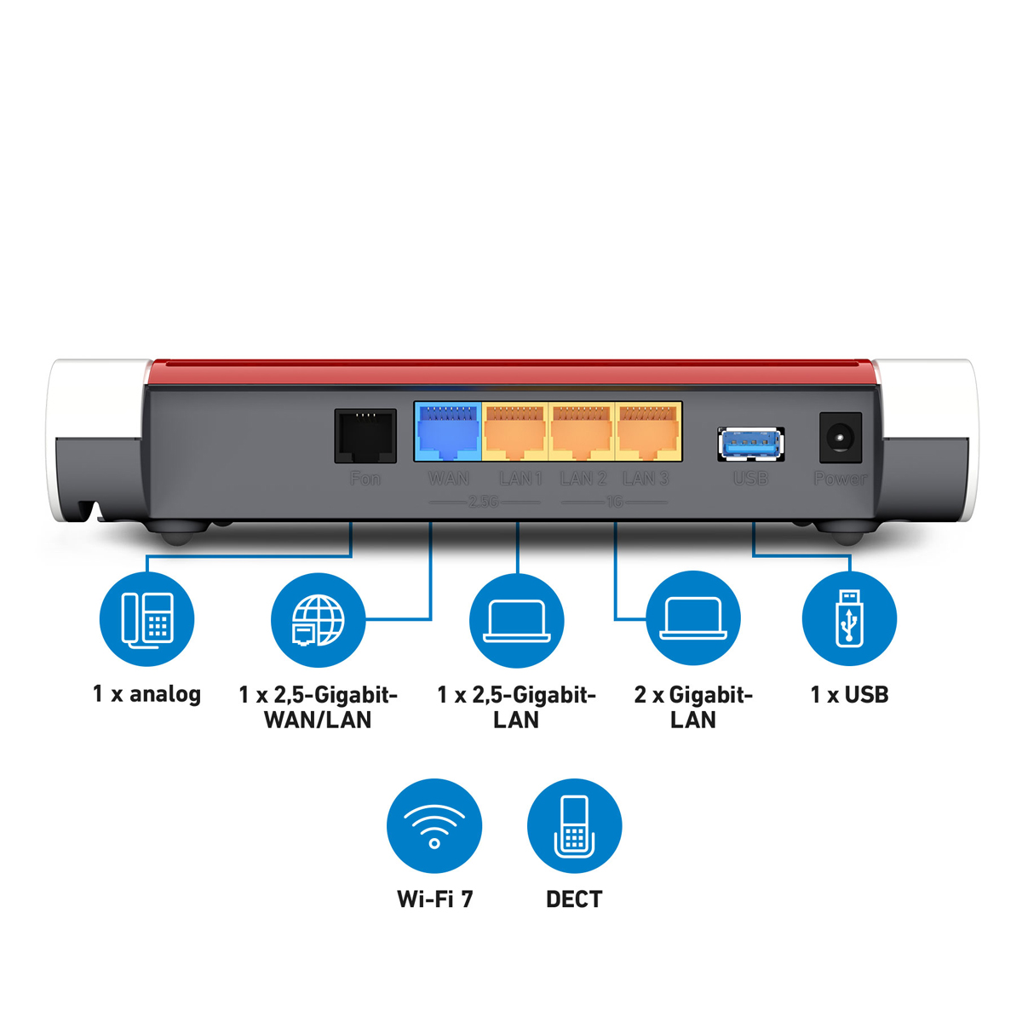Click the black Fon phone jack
pyautogui.click(x=365, y=435)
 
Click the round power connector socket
pyautogui.click(x=840, y=438)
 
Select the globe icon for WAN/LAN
pyautogui.click(x=318, y=620)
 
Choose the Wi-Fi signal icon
pyautogui.click(x=434, y=826)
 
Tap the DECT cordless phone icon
pyautogui.click(x=574, y=826)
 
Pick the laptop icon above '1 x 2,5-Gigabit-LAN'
pyautogui.click(x=517, y=620)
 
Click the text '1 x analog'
pyautogui.click(x=146, y=694)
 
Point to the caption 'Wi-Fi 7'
pyautogui.click(x=434, y=899)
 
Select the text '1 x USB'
pyautogui.click(x=849, y=695)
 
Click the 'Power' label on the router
pyautogui.click(x=840, y=479)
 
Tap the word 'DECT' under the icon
pyautogui.click(x=574, y=899)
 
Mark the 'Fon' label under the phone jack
pyautogui.click(x=365, y=479)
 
